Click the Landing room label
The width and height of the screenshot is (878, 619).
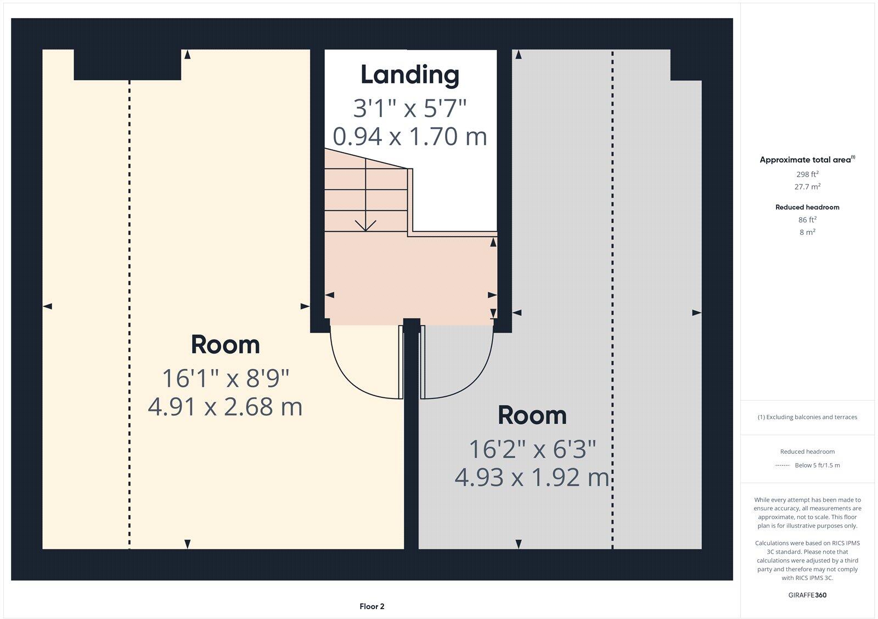click(409, 75)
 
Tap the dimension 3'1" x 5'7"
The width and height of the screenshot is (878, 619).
click(409, 108)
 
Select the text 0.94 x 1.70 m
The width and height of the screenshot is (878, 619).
click(409, 136)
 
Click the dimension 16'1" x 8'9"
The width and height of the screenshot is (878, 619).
click(225, 378)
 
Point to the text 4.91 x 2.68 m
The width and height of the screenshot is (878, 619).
click(225, 407)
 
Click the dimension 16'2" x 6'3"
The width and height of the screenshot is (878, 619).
click(532, 449)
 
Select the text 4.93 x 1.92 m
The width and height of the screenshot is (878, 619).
click(532, 477)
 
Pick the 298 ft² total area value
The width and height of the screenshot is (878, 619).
click(807, 174)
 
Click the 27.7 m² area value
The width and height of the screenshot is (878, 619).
click(807, 187)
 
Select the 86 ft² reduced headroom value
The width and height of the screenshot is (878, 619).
click(807, 220)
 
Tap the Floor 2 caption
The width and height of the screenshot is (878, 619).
click(372, 606)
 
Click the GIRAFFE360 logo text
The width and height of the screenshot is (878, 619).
click(807, 595)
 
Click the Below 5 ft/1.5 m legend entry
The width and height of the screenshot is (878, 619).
click(817, 465)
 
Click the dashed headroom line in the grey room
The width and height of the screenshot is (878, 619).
click(612, 274)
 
